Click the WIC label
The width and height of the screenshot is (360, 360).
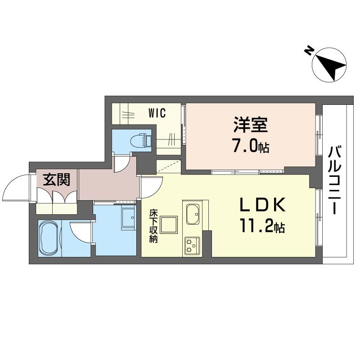coord(157,113)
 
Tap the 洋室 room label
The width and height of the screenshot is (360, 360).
coord(251,125)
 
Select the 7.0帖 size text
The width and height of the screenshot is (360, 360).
coord(251,147)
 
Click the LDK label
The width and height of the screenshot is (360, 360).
coord(263,205)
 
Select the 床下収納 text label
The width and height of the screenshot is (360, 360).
coord(153,226)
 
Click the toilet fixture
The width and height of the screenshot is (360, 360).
coord(141,140)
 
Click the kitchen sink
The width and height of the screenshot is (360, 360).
coord(193,214)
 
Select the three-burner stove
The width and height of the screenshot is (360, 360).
coord(192,245)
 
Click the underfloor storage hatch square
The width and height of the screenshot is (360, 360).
coord(169,225)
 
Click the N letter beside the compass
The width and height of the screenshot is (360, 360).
coord(309,51)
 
